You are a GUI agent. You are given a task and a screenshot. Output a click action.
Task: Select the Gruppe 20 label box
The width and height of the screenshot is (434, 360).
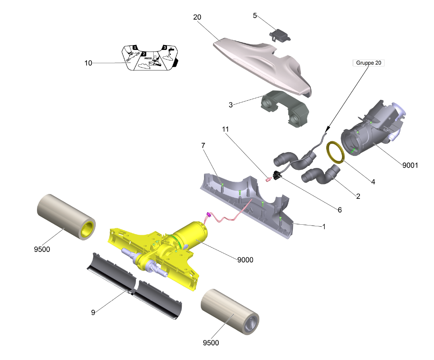pos(368,63)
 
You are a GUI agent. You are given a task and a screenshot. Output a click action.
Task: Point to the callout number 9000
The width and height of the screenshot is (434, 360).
pos(245,260)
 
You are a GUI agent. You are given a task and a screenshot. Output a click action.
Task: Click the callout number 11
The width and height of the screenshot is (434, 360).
pos(225,129)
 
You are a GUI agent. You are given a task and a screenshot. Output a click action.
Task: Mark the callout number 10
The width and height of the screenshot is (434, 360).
pos(88,63)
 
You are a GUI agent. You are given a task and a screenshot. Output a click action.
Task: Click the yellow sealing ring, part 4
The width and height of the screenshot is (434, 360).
pos(335,152)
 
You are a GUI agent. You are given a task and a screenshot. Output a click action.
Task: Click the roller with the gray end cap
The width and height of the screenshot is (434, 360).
pos(230,312)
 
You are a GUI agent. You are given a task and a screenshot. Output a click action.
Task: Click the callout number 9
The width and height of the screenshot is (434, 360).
pos(93,312)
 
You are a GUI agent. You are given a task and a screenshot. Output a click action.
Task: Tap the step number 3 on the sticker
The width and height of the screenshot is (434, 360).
pos(164,48)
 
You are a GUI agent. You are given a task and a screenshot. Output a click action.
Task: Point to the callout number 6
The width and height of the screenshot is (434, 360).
pos(339,210)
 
